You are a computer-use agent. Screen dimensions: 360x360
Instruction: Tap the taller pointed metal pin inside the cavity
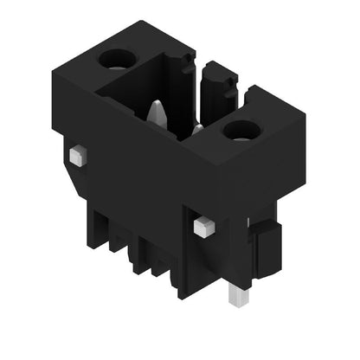156,112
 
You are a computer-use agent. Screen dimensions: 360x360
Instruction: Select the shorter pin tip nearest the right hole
196,129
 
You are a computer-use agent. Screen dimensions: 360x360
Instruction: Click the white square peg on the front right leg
203,227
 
